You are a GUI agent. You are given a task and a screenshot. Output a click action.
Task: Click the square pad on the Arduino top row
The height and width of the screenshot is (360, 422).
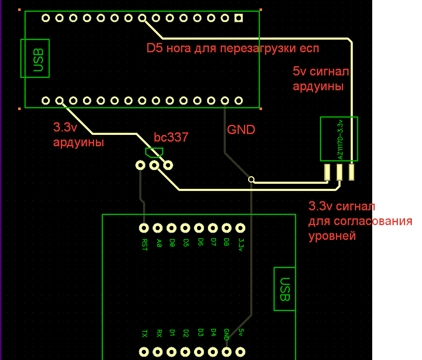click(x=239, y=18)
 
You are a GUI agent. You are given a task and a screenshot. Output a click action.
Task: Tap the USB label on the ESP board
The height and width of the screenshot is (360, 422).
click(x=285, y=289)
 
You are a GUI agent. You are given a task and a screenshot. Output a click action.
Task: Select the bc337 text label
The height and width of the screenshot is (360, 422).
click(x=171, y=137)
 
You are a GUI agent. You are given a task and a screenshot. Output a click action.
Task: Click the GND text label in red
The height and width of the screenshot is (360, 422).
click(x=241, y=129)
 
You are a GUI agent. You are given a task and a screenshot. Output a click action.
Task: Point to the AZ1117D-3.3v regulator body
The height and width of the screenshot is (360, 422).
click(x=339, y=139)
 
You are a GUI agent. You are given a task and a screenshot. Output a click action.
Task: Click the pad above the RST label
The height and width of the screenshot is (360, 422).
click(x=144, y=228)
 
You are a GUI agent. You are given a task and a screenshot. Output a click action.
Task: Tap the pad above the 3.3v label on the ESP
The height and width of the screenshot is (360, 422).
click(x=241, y=228)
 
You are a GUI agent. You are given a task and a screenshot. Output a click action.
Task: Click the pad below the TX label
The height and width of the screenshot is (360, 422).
click(x=144, y=352)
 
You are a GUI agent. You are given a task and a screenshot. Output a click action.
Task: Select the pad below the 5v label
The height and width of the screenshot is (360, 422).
click(x=241, y=352)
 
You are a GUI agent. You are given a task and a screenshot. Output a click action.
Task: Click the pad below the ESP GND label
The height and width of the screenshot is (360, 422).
click(x=227, y=352)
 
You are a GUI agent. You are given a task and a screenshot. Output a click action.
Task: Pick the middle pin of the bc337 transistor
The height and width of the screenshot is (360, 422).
click(x=154, y=165)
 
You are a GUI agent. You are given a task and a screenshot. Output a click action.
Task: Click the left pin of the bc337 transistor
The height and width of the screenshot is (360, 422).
click(x=140, y=165)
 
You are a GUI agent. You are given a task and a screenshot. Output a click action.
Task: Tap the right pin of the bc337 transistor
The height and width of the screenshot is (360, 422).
click(x=168, y=165)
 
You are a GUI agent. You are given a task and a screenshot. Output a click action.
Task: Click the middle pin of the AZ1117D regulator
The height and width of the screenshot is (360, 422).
click(x=339, y=172)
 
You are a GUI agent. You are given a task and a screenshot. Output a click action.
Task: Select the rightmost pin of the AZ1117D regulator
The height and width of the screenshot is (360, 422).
click(x=352, y=172)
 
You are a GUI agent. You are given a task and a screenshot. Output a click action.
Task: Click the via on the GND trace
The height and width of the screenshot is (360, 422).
click(x=252, y=180)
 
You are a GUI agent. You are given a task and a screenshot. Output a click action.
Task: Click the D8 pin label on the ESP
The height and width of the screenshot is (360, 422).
click(x=227, y=242)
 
